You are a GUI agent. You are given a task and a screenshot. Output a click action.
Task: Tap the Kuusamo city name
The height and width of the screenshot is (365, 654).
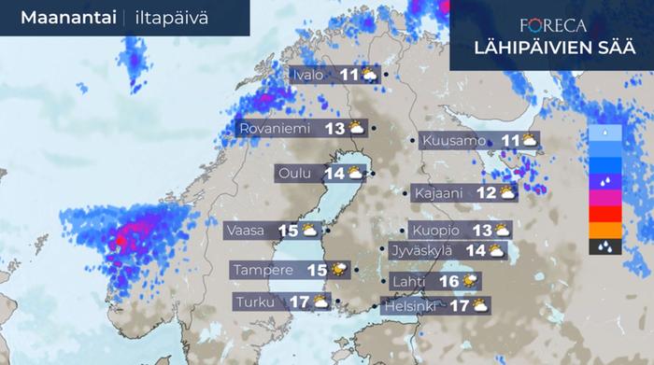[x=454, y=141]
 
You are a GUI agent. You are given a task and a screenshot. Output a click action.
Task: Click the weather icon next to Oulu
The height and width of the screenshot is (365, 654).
[x=355, y=173]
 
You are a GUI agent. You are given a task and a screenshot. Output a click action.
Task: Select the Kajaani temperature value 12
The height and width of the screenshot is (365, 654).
[x=486, y=193]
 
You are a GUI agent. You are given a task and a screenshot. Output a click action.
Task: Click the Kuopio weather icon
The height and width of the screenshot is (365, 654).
[x=503, y=230]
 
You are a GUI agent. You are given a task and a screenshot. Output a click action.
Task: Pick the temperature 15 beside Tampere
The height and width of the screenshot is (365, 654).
[x=317, y=270]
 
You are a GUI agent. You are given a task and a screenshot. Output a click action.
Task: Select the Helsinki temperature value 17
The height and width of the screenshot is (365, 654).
[x=459, y=305]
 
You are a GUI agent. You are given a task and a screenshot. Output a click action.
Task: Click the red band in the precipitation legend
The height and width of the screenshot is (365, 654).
[x=604, y=214]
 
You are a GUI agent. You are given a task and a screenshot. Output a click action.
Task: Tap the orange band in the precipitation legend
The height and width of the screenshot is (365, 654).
[x=604, y=230]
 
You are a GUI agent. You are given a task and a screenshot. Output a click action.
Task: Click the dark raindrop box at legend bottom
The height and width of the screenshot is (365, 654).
[x=604, y=247]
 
